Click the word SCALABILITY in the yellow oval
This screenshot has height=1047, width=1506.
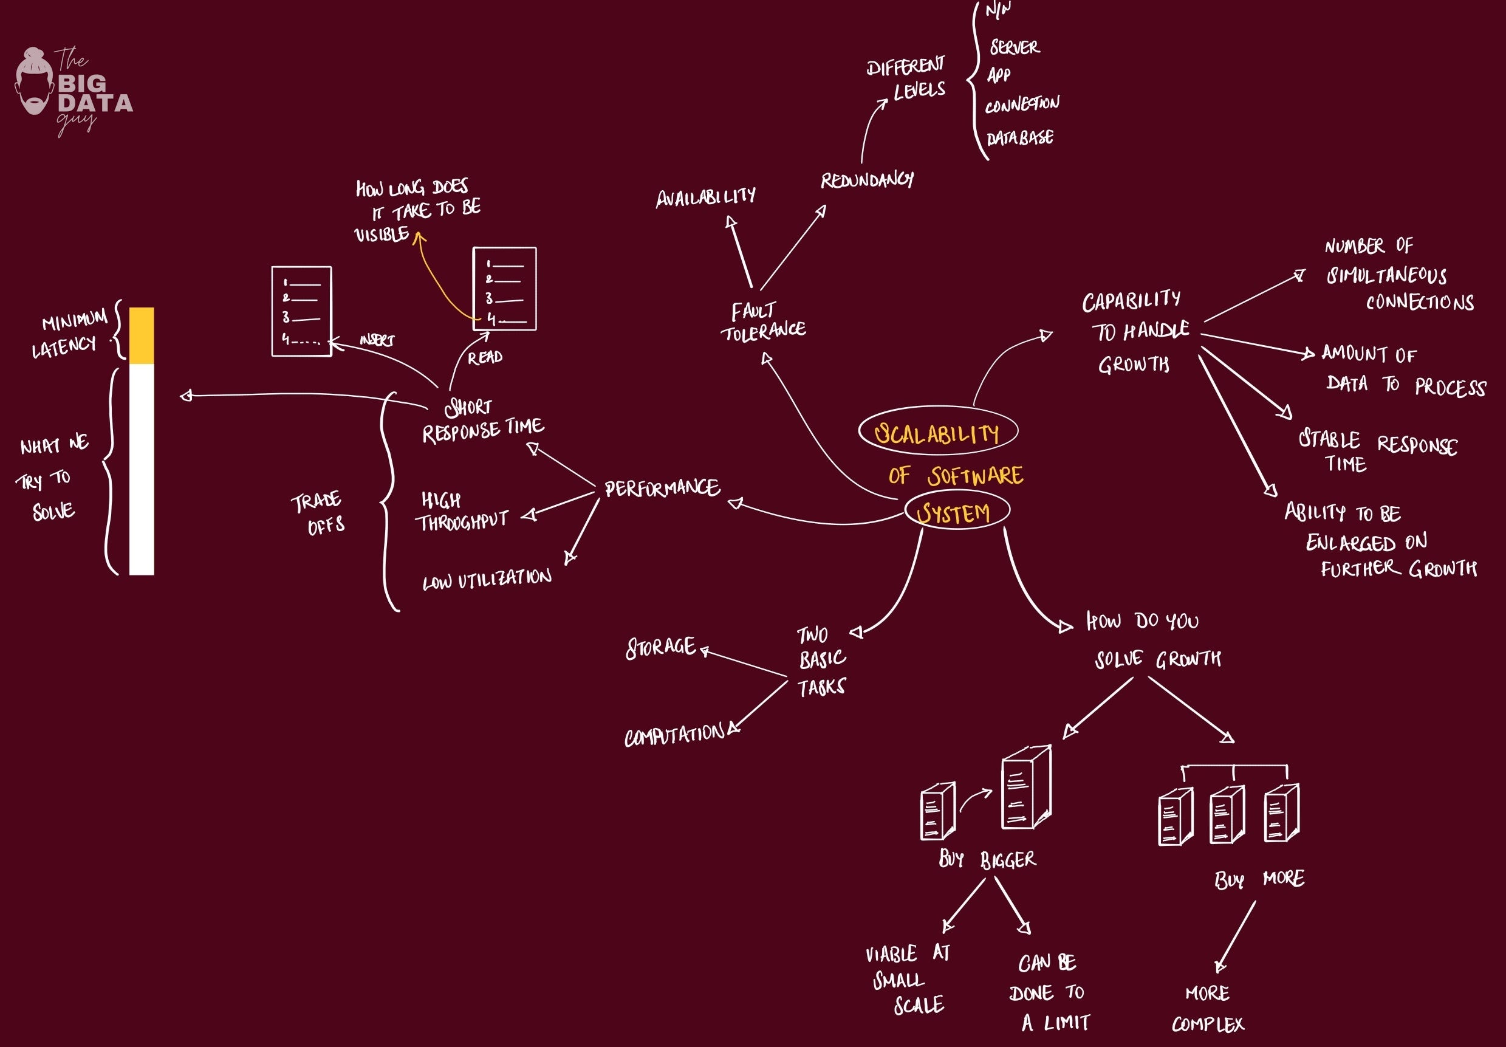(937, 434)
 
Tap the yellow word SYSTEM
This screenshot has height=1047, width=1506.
(954, 512)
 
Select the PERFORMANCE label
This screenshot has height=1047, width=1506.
(662, 488)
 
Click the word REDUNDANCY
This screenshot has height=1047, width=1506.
(866, 180)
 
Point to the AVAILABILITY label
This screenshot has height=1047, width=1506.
(705, 197)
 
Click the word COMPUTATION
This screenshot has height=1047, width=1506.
(675, 735)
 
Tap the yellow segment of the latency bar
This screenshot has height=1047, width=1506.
(142, 335)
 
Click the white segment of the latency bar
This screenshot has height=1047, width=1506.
(142, 469)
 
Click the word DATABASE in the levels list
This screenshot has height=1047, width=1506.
(1020, 138)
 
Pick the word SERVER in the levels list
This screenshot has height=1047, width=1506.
(1014, 47)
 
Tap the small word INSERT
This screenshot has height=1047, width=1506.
(377, 340)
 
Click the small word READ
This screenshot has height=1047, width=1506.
(485, 357)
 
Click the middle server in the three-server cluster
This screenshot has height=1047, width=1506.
(1227, 814)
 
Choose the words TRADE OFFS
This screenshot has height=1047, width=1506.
(318, 513)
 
